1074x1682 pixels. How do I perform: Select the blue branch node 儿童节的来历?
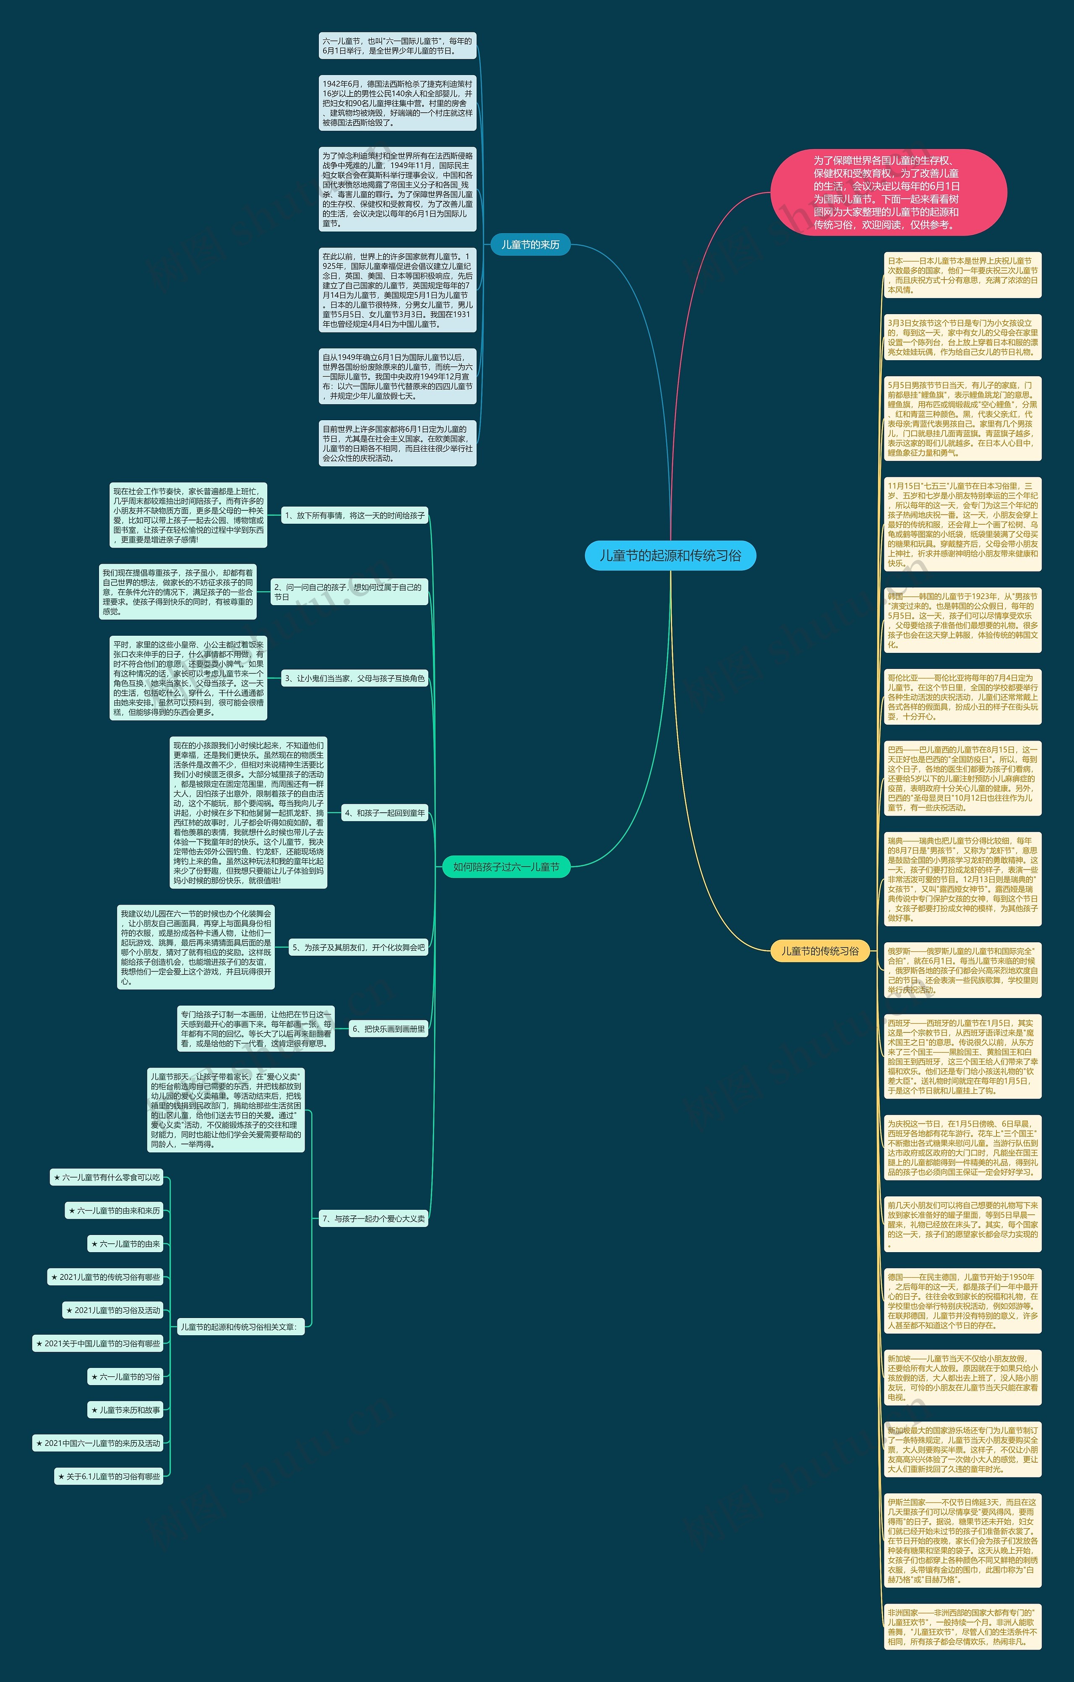[x=530, y=244]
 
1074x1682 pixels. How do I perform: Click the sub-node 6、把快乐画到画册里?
[x=388, y=1029]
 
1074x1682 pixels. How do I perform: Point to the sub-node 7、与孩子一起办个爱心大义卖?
[x=373, y=1219]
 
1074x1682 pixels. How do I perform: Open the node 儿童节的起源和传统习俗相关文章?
[x=239, y=1326]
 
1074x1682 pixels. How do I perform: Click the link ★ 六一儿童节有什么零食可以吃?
[x=107, y=1178]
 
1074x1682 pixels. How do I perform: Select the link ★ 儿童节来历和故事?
[x=126, y=1410]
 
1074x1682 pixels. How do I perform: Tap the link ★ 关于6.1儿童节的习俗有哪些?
[x=109, y=1477]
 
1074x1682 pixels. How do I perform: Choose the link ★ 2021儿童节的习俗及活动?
[x=113, y=1310]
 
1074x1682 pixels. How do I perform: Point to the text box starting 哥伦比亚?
[x=962, y=697]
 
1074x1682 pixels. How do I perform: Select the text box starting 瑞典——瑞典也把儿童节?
[x=962, y=879]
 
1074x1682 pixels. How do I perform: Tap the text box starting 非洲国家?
[x=962, y=1627]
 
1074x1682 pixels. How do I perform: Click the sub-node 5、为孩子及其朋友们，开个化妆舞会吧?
[x=358, y=948]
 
